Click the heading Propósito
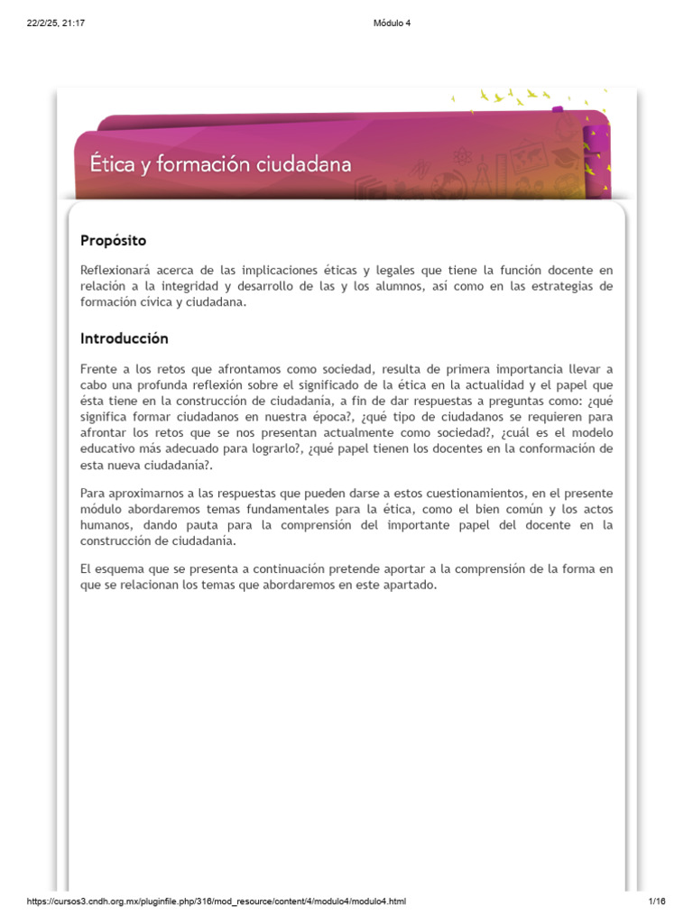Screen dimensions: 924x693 tap(113, 241)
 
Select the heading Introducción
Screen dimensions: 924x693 tap(124, 339)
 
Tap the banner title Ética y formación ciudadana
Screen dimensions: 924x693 tap(220, 165)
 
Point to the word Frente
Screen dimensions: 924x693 tap(99, 368)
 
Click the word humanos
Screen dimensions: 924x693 tap(104, 526)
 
